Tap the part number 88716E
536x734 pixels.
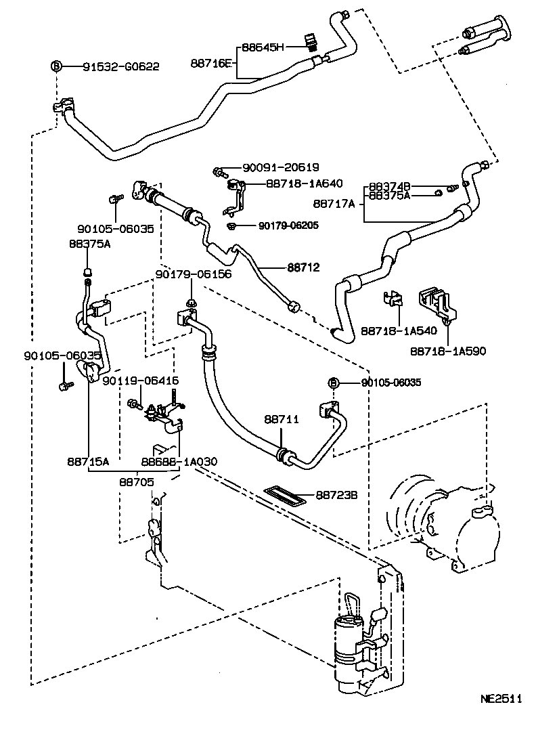212,63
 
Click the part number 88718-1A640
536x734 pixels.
304,183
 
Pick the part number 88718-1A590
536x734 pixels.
447,351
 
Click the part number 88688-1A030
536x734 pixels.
179,461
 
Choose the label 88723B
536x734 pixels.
336,496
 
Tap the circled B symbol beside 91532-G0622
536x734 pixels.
57,66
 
